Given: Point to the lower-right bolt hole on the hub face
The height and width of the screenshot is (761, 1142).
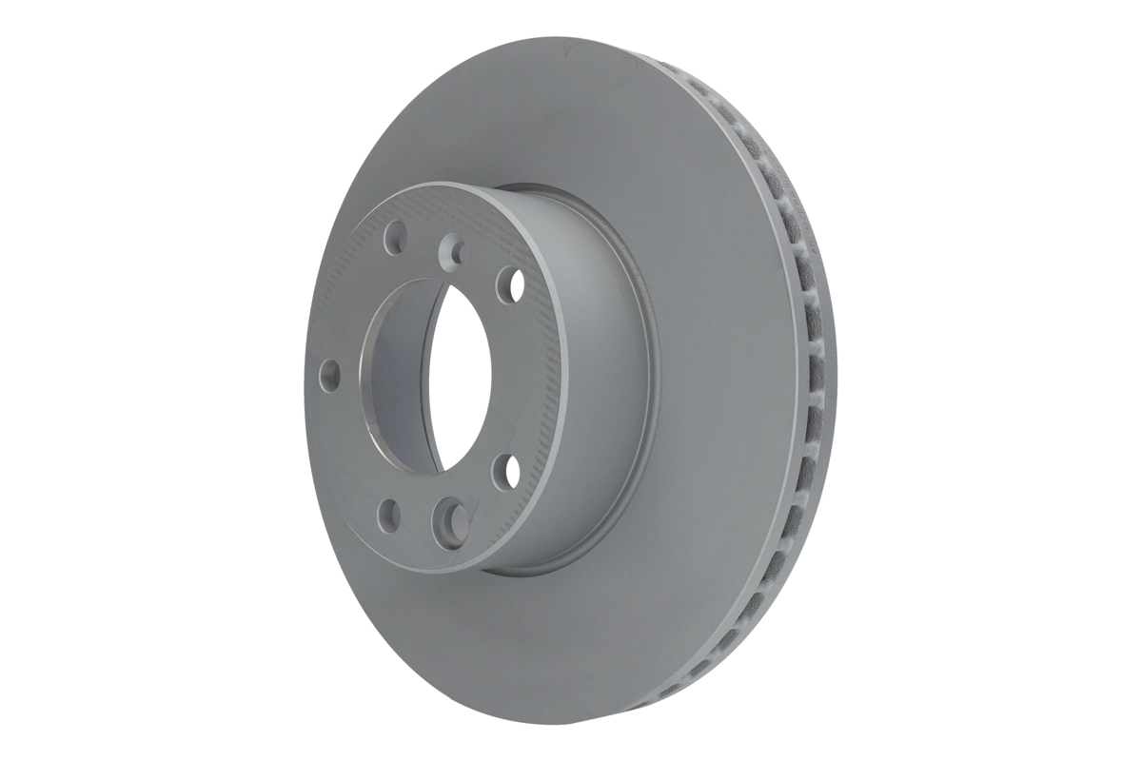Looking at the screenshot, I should (x=505, y=470).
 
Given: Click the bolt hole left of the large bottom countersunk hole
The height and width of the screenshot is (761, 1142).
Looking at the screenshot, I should (x=389, y=515).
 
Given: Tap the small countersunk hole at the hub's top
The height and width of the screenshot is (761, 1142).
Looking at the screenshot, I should (x=453, y=251).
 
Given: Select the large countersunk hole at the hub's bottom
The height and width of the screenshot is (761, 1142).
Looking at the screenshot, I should (x=449, y=518).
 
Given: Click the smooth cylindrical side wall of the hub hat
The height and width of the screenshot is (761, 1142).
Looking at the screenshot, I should (x=600, y=380).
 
